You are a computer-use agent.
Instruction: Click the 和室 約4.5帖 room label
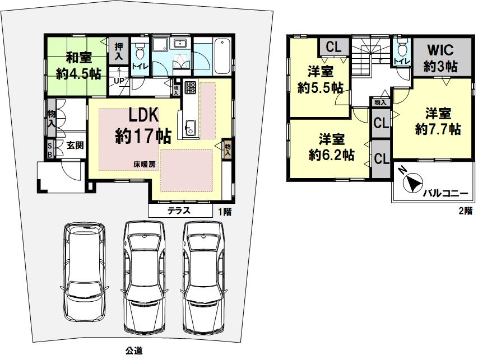pyautogui.click(x=78, y=66)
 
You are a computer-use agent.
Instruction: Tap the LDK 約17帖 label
pyautogui.click(x=143, y=125)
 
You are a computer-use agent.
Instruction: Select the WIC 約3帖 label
pyautogui.click(x=440, y=58)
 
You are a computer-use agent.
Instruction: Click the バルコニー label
pyautogui.click(x=445, y=193)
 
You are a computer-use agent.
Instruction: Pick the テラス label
pyautogui.click(x=179, y=211)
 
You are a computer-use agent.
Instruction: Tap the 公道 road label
pyautogui.click(x=134, y=350)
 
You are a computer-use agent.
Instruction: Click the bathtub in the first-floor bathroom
pyautogui.click(x=222, y=56)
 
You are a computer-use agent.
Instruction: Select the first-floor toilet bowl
pyautogui.click(x=140, y=51)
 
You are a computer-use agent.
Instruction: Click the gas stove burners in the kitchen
pyautogui.click(x=191, y=87)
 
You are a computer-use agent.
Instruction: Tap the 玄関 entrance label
pyautogui.click(x=75, y=145)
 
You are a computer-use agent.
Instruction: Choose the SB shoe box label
pyautogui.click(x=50, y=149)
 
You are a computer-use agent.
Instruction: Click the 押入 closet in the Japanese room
pyautogui.click(x=119, y=50)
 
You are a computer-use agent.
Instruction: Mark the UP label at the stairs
pyautogui.click(x=119, y=81)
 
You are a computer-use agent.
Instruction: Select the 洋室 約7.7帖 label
pyautogui.click(x=438, y=121)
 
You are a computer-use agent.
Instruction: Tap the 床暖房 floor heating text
pyautogui.click(x=145, y=165)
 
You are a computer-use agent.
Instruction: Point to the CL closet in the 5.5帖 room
pyautogui.click(x=333, y=46)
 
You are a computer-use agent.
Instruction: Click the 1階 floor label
pyautogui.click(x=225, y=212)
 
